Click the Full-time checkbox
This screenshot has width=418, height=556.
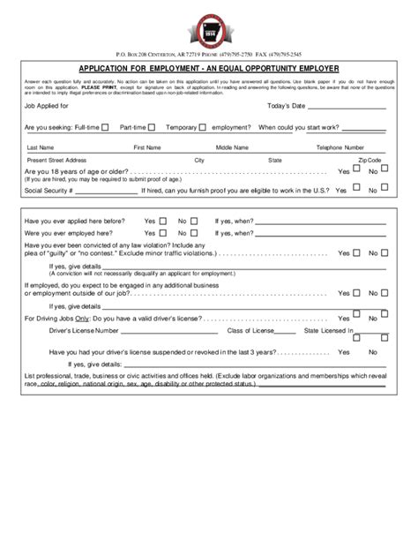click(x=106, y=127)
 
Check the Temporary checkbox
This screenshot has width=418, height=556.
click(x=203, y=127)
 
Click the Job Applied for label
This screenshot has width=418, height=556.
click(x=52, y=106)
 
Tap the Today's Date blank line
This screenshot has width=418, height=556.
click(x=350, y=109)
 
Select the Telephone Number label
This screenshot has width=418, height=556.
click(x=340, y=147)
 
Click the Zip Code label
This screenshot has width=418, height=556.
click(x=370, y=161)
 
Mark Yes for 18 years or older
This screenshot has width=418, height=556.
click(x=355, y=171)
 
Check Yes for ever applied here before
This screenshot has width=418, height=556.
click(x=163, y=221)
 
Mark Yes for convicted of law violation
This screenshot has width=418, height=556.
click(x=355, y=252)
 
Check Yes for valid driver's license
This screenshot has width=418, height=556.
click(x=355, y=316)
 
